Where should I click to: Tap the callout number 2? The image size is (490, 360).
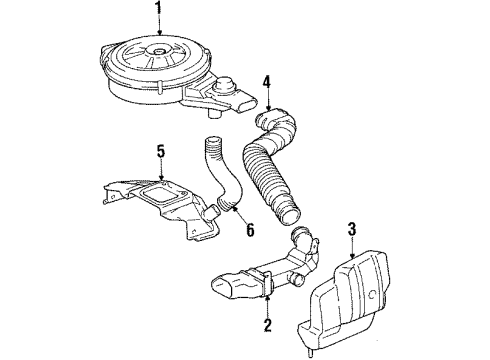[x=266, y=324]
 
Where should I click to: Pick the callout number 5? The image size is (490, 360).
[x=160, y=153]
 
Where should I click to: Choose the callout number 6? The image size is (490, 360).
[x=250, y=229]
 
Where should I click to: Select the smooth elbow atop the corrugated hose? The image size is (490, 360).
[x=270, y=124]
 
